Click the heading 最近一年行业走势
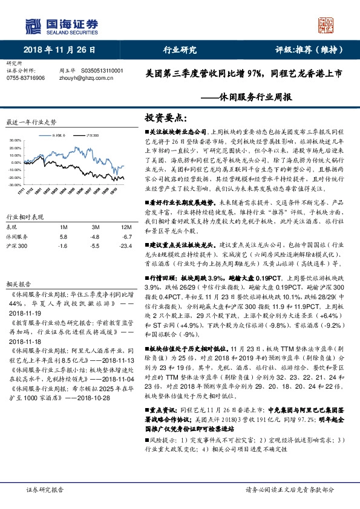pos(30,122)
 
